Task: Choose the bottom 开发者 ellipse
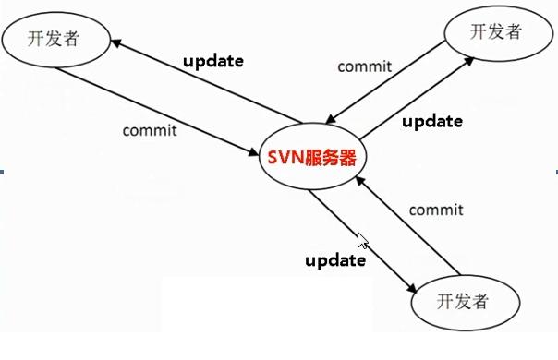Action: coord(461,302)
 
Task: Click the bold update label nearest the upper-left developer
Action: coord(212,61)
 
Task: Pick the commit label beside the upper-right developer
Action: coord(364,66)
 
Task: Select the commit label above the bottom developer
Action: coord(435,210)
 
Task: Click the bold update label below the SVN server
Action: coord(335,259)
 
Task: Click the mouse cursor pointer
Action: coord(362,241)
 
